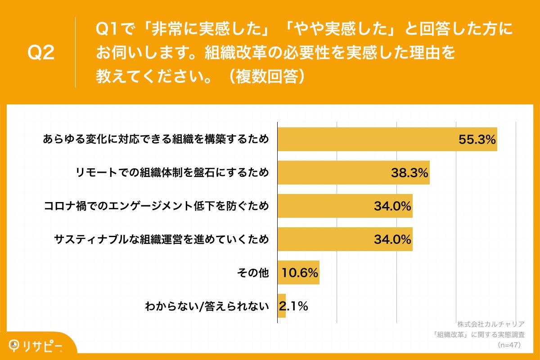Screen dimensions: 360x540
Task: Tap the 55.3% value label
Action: coord(477,139)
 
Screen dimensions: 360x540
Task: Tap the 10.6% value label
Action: coord(300,273)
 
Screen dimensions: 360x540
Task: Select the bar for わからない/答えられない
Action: coord(282,306)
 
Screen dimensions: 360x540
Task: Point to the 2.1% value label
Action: coord(294,306)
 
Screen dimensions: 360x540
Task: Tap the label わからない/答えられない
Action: coord(207,306)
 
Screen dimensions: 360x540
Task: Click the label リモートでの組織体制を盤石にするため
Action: coord(172,173)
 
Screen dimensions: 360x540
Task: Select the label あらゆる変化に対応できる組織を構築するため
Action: coord(156,139)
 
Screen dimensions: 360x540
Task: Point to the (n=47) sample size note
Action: coord(509,345)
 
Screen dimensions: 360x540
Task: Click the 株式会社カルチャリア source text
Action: coord(491,324)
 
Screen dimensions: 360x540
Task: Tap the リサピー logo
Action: coord(36,346)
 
